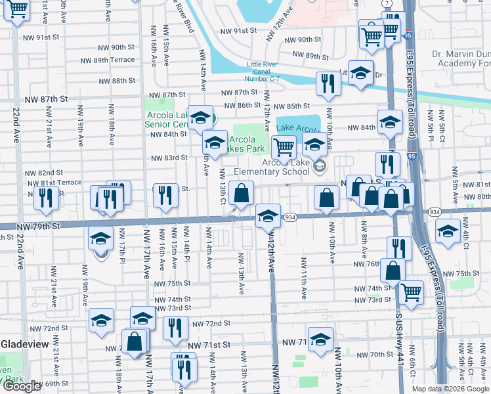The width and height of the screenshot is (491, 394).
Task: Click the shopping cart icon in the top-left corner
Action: (18, 10)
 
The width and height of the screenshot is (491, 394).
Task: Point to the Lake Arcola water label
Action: (297, 127)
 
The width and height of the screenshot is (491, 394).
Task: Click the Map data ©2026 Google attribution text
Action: (450, 389)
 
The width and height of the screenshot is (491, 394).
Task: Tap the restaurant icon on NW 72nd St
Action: (174, 328)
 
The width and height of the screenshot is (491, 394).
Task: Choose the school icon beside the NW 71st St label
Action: (320, 341)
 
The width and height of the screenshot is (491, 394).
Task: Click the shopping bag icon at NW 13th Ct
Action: (242, 193)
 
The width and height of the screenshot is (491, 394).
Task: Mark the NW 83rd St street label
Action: (169, 158)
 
